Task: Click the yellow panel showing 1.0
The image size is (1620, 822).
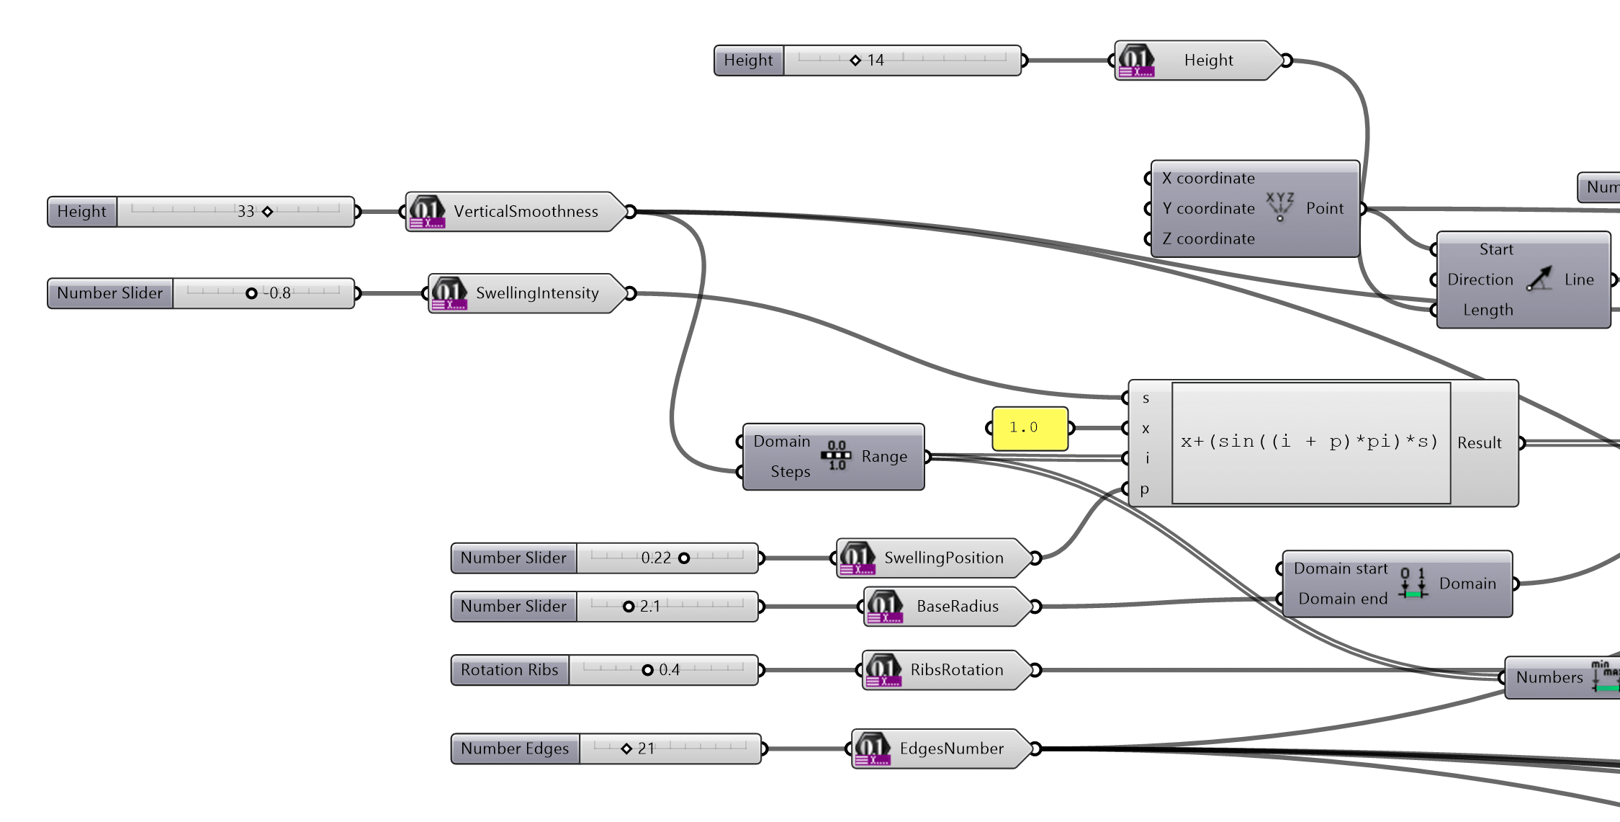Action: coord(1029,429)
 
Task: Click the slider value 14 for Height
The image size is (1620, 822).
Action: coord(875,61)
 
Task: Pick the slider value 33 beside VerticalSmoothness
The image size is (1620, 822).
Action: coord(246,212)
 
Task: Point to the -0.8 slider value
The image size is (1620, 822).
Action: coord(278,293)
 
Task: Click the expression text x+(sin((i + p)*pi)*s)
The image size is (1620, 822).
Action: coord(1309,442)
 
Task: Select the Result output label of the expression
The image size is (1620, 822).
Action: coord(1479,443)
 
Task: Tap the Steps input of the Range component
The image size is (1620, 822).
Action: coord(790,472)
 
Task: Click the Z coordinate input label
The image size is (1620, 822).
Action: coord(1207,239)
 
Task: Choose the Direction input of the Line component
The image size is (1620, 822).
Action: coord(1480,280)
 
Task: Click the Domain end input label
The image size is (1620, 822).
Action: coord(1342,599)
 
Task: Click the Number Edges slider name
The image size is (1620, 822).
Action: coord(515,749)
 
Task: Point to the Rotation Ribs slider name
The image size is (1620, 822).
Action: coord(509,670)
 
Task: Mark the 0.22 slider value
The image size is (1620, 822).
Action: coord(655,558)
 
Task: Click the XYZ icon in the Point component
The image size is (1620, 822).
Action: coord(1279,206)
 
